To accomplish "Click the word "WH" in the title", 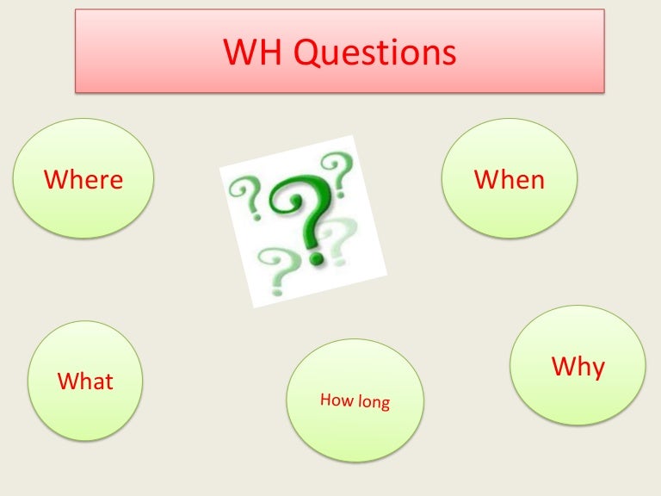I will point(252,53).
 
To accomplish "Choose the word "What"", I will point(85,381).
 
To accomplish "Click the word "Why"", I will point(578,367).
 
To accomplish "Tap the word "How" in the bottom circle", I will point(335,400).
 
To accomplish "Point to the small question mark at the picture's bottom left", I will point(275,267).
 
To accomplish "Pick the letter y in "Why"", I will point(596,369).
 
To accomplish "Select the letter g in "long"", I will point(384,406).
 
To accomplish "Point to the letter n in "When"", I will point(537,181).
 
